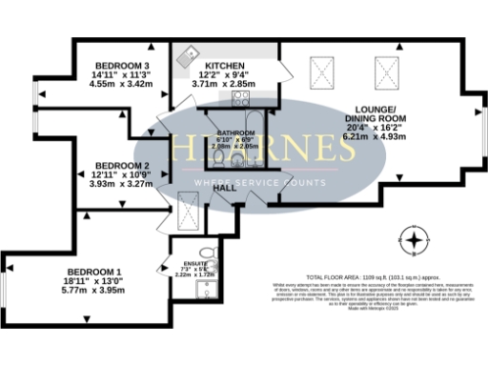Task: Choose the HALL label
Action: tap(225, 188)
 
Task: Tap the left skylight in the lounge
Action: tap(324, 69)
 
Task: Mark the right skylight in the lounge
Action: tap(387, 69)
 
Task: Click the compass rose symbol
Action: tap(415, 237)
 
